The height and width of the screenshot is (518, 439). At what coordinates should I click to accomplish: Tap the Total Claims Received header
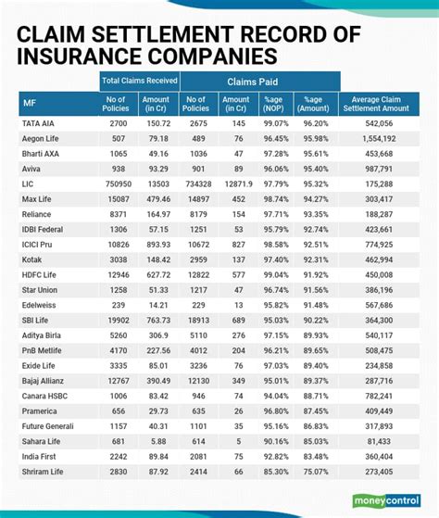139,81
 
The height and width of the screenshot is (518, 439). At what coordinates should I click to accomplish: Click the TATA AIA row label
41,121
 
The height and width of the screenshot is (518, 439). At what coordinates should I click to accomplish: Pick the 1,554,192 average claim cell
381,137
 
